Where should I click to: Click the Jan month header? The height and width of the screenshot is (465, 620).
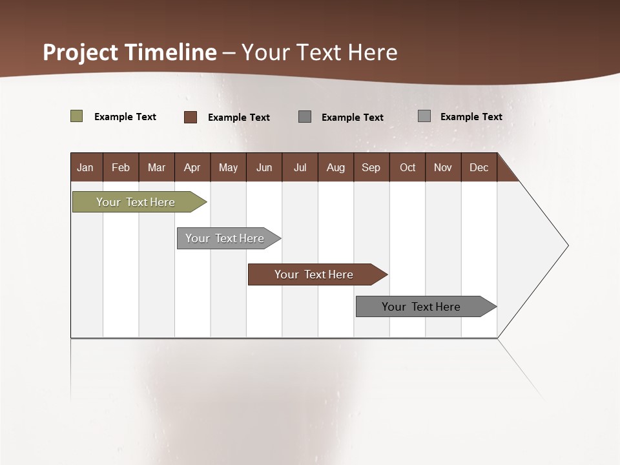(x=85, y=167)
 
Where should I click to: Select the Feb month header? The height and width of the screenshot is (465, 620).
(x=121, y=167)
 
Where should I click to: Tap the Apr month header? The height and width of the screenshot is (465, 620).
(x=192, y=167)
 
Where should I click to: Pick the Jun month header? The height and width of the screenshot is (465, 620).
(x=264, y=167)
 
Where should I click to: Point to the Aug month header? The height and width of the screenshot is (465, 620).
(x=335, y=167)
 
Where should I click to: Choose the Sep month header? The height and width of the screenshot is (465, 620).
(x=371, y=167)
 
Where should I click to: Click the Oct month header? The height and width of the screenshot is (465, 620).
(x=408, y=167)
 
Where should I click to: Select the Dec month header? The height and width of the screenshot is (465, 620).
(x=479, y=167)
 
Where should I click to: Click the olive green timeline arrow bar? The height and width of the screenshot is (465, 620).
(x=136, y=202)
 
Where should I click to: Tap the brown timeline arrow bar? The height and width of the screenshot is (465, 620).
(x=314, y=274)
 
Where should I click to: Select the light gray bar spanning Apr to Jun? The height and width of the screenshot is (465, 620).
(x=225, y=238)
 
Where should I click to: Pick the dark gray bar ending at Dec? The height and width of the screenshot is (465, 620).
(x=421, y=307)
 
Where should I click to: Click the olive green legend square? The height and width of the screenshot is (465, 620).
(x=77, y=116)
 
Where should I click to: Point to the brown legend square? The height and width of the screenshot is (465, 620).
(x=191, y=117)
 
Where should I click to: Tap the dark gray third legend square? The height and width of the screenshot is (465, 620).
(x=305, y=116)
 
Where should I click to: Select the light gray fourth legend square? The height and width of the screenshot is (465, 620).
(x=424, y=116)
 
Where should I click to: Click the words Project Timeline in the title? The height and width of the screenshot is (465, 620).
(x=130, y=52)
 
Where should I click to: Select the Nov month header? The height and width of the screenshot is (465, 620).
(x=443, y=167)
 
